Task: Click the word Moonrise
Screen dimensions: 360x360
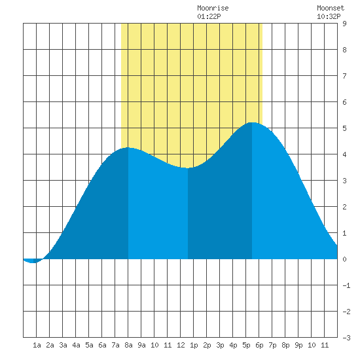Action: [x=213, y=8]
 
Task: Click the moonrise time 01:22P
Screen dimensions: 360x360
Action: [x=209, y=16]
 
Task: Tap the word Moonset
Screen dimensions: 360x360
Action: [x=331, y=8]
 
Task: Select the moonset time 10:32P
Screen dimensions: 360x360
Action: [x=329, y=16]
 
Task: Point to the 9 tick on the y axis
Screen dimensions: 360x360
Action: [x=344, y=24]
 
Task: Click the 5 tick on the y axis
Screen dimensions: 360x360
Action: [x=344, y=128]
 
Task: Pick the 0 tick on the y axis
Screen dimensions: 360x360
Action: [x=344, y=259]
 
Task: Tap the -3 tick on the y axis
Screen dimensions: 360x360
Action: [x=346, y=338]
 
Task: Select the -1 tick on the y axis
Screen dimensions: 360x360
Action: [x=346, y=285]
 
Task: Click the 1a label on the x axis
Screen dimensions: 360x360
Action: [x=37, y=345]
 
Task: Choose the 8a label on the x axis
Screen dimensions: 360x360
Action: [x=128, y=345]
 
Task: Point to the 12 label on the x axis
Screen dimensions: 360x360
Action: [x=181, y=345]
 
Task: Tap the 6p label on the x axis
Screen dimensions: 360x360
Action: [x=259, y=345]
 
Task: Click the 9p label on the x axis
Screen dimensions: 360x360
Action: [x=298, y=345]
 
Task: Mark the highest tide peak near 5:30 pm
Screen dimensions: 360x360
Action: [x=252, y=122]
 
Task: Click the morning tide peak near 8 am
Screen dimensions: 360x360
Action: [x=128, y=148]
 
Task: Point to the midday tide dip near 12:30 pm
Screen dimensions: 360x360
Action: [x=188, y=168]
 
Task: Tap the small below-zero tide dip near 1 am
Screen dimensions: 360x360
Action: [x=33, y=262]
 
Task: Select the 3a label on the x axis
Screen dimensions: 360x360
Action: [x=63, y=345]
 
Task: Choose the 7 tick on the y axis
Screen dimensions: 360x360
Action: [x=344, y=76]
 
